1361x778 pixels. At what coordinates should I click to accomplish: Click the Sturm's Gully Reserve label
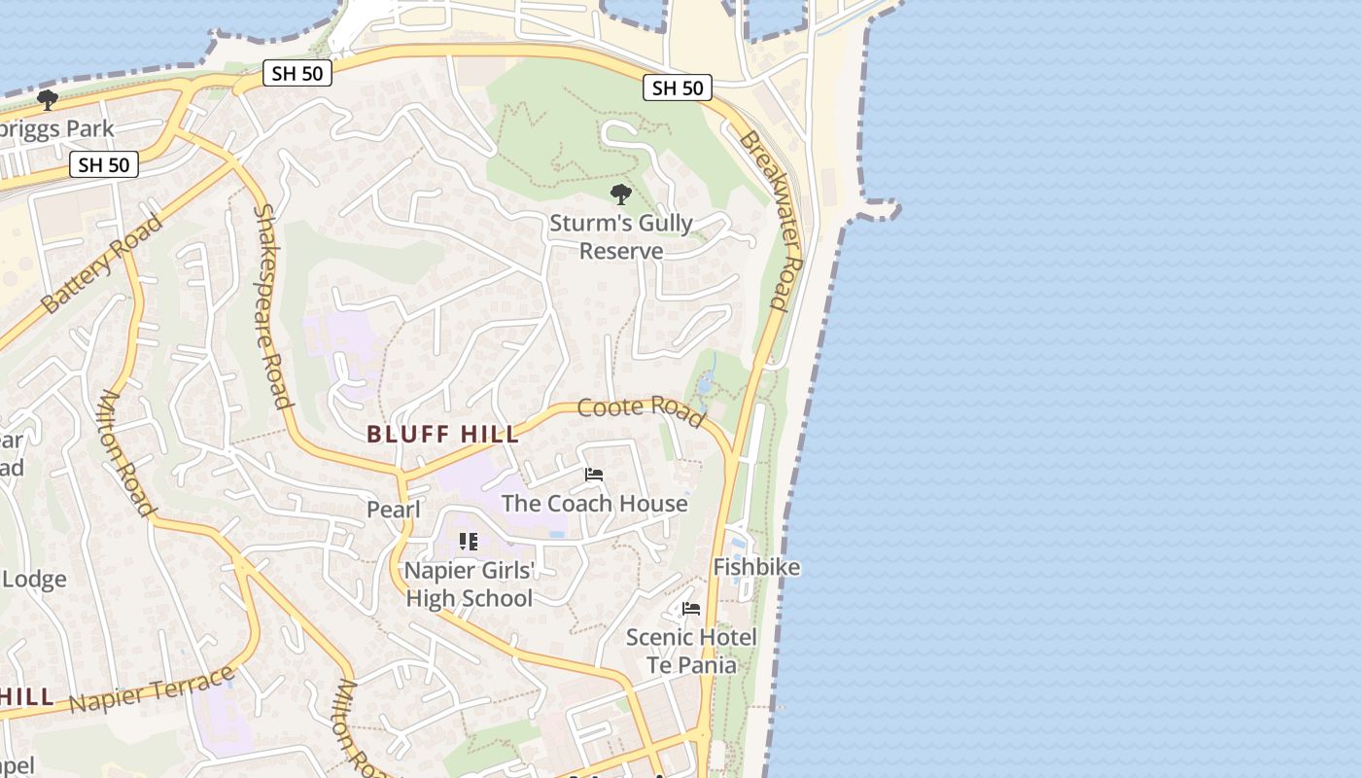(x=621, y=237)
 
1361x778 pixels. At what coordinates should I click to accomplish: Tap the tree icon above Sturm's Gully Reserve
(x=620, y=194)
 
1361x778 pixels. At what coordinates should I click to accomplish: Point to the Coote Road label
(x=641, y=411)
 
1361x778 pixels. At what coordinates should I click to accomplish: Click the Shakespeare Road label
(x=272, y=306)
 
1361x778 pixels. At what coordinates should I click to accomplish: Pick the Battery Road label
(x=102, y=264)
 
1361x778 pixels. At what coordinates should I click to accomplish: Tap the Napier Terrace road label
(x=153, y=690)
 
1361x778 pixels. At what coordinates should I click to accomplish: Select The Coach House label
(x=594, y=503)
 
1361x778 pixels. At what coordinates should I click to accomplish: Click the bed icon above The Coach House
(x=594, y=475)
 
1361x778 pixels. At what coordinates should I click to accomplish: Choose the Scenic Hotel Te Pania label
(x=691, y=652)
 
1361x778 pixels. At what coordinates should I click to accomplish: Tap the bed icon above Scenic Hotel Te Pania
(x=691, y=609)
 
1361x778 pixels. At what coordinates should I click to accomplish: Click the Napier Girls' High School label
(x=470, y=583)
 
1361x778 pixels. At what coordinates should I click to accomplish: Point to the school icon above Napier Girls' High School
(x=469, y=542)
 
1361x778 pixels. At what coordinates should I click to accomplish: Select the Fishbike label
(x=756, y=567)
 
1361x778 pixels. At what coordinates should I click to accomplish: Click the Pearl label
(x=394, y=510)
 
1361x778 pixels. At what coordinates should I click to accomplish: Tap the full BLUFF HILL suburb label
(x=443, y=435)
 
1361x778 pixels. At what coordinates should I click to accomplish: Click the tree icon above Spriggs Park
(x=47, y=99)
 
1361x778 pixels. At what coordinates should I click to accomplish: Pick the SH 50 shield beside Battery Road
(x=104, y=164)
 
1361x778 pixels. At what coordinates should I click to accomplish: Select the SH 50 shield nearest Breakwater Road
(x=677, y=88)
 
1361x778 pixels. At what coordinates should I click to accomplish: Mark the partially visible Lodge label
(x=34, y=580)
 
